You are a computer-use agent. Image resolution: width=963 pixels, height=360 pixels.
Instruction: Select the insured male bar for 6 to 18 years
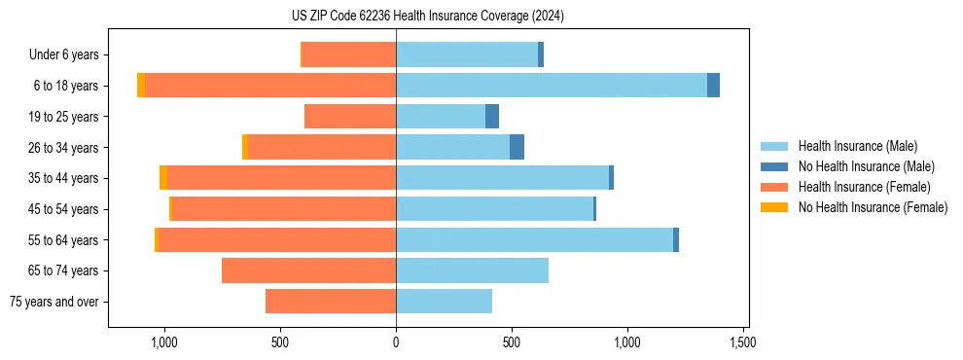[x=551, y=86]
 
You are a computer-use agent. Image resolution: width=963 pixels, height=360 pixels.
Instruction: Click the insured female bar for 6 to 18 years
[x=270, y=86]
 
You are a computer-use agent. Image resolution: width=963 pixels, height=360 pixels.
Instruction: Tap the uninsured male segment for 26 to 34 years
[x=517, y=147]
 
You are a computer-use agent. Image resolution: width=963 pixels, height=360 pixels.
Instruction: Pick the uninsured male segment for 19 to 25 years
[x=492, y=117]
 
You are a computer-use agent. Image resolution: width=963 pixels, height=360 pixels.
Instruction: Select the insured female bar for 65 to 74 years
[x=308, y=270]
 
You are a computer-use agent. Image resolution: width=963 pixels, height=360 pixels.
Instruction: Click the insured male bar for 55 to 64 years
[x=534, y=239]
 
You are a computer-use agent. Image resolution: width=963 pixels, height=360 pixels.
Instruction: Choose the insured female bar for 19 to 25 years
[x=350, y=117]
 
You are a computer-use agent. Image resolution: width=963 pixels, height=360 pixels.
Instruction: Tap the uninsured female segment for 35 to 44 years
[x=163, y=178]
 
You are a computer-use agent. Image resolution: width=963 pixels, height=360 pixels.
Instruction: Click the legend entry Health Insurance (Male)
[x=857, y=146]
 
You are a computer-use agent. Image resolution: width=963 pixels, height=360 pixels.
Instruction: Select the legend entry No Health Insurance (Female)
[x=873, y=207]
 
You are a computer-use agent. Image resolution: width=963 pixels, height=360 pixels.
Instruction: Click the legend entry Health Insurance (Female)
[x=864, y=187]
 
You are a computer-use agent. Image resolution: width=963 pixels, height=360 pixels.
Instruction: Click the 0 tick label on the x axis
[x=396, y=343]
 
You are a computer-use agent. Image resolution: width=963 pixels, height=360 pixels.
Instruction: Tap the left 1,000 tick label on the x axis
[x=163, y=343]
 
